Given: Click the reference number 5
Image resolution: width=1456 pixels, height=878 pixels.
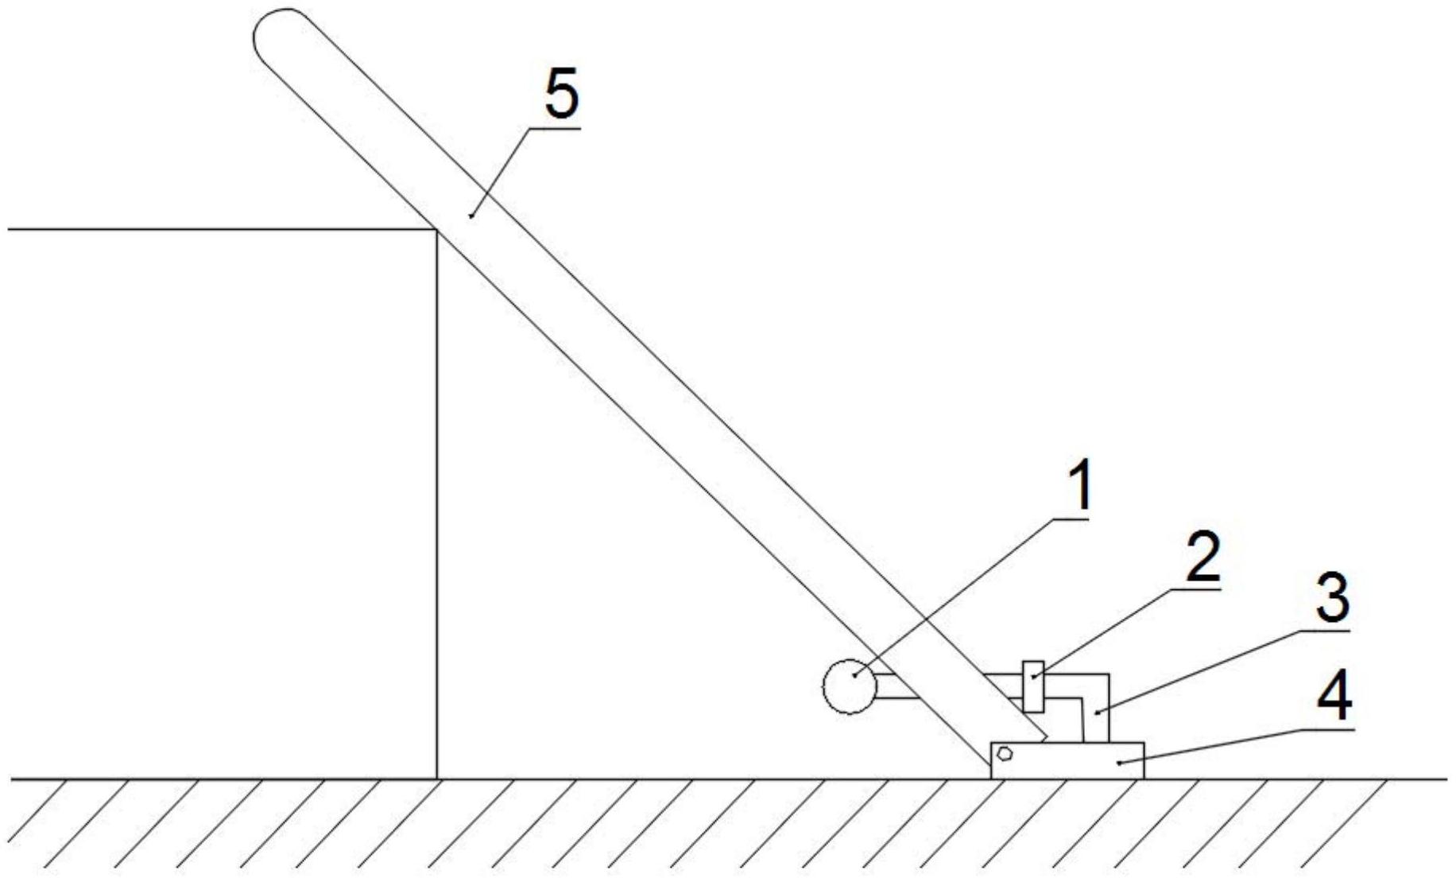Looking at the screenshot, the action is [x=561, y=94].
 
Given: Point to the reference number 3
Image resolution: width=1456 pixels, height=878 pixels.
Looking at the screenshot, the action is [x=1332, y=602].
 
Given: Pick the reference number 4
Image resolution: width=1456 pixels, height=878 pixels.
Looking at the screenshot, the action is [x=1334, y=697].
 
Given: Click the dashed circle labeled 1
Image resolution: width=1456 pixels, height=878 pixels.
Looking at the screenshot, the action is [x=850, y=686].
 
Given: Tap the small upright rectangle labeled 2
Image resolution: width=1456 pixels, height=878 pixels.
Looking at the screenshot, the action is [x=1032, y=686].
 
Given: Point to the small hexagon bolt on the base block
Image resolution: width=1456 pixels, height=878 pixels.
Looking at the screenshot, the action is [x=1005, y=753].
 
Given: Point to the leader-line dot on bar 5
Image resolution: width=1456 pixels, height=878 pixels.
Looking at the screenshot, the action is [x=471, y=215].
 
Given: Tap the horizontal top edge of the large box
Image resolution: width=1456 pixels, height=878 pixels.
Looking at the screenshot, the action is [x=223, y=230].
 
